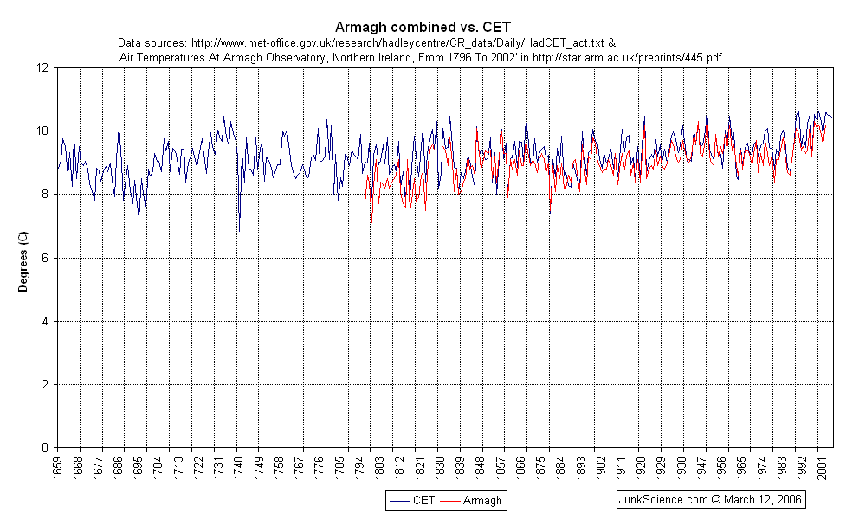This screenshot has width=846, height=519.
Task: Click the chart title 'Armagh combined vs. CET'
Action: (x=423, y=27)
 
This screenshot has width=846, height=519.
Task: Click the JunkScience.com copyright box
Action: (x=709, y=500)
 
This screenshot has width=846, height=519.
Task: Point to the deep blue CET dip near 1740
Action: (x=239, y=230)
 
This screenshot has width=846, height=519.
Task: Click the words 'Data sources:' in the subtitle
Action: (x=152, y=42)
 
